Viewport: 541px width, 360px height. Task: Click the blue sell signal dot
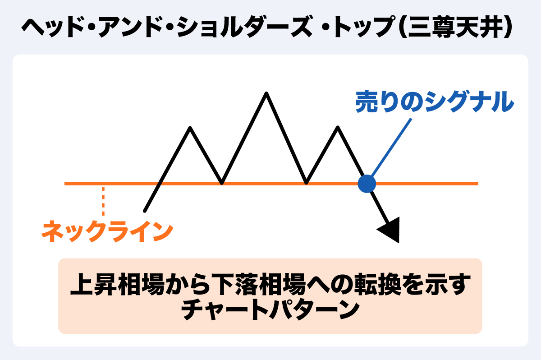tap(367, 184)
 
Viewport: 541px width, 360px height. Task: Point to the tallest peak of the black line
tap(266, 93)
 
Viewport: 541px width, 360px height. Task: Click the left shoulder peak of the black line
tap(190, 128)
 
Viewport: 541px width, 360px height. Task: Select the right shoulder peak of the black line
tap(338, 127)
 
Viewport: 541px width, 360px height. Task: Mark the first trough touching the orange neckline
tap(222, 183)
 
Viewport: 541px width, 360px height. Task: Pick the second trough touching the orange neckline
tap(306, 183)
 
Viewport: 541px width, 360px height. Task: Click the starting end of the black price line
tap(145, 211)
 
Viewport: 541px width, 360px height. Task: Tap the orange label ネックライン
tap(107, 231)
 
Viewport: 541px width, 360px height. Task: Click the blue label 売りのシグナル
tap(435, 102)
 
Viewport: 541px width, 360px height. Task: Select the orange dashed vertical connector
tap(103, 201)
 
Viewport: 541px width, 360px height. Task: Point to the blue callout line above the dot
tap(391, 147)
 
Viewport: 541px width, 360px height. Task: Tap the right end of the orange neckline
tap(477, 184)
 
